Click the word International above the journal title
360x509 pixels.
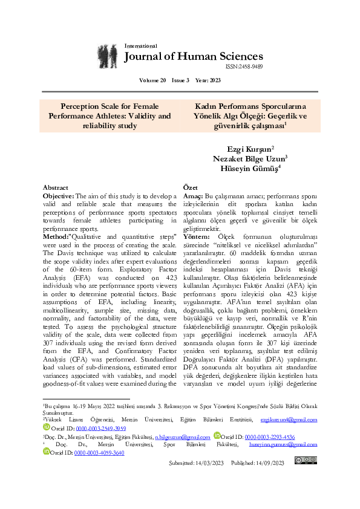coord(140,46)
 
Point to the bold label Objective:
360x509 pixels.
coord(58,196)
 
